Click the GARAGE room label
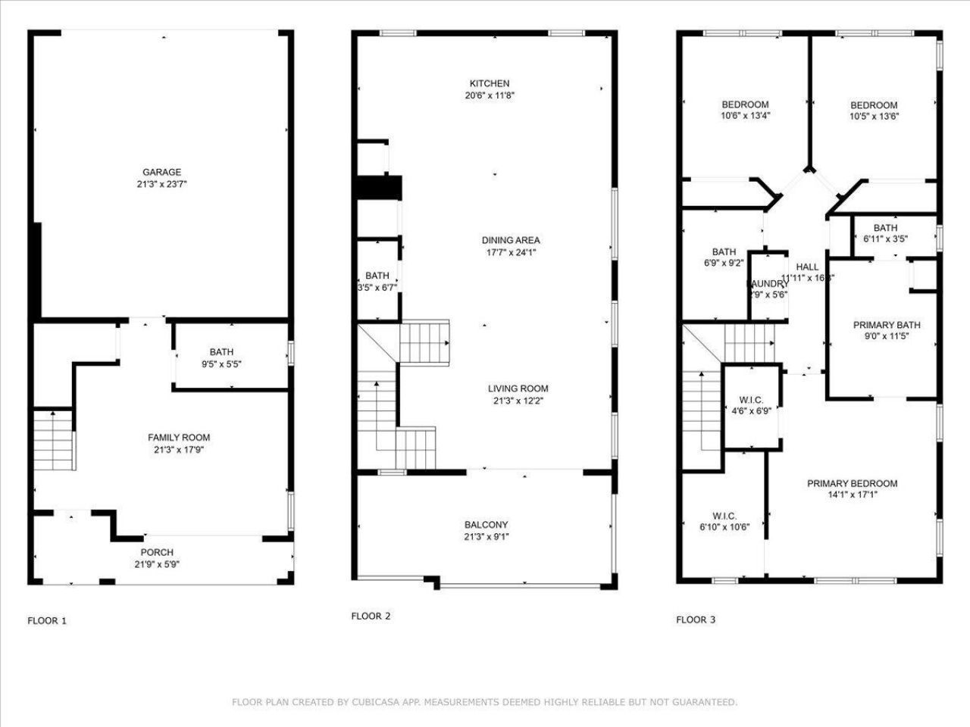point(161,172)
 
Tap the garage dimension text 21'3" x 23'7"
point(161,184)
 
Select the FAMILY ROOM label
point(179,437)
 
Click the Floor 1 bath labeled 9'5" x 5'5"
point(221,357)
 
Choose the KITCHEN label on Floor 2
point(490,83)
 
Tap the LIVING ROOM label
point(518,388)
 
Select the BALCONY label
point(486,525)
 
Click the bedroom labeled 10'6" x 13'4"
point(745,110)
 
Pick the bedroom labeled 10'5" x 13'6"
point(874,111)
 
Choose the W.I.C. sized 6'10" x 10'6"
point(724,522)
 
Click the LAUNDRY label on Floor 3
point(768,284)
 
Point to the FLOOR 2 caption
point(371,616)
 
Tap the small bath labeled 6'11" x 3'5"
point(885,233)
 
